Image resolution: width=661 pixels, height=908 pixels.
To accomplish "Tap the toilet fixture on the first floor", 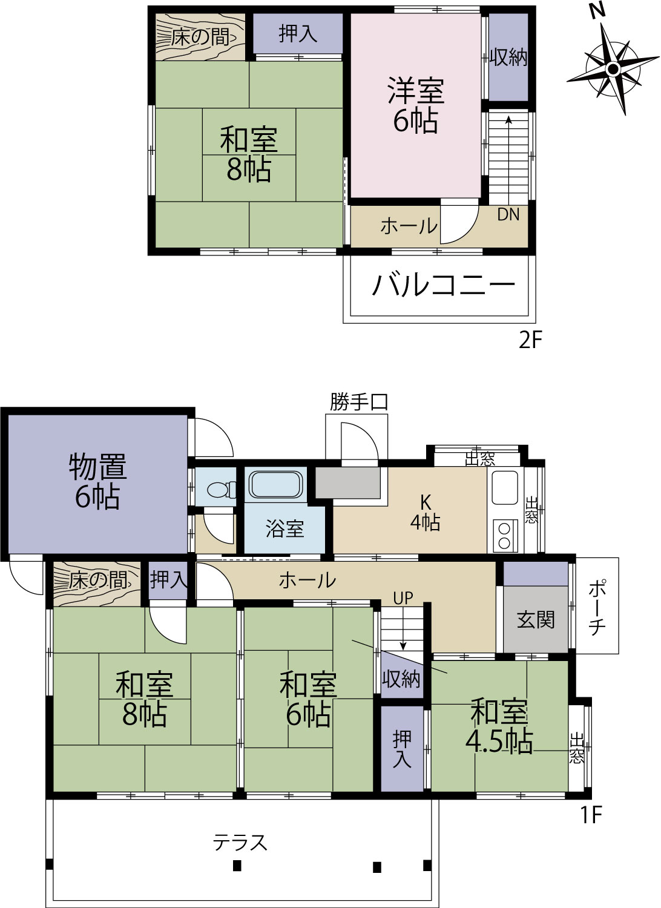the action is point(222,489).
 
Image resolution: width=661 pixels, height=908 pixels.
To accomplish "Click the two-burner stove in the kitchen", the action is point(505,536).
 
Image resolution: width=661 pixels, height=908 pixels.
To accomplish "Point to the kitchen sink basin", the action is point(505,488).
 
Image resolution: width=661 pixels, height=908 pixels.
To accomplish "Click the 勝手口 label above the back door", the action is point(359,402).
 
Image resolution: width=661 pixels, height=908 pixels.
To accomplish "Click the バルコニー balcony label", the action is point(443,285).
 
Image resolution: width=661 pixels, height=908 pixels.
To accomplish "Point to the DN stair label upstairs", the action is point(508,215).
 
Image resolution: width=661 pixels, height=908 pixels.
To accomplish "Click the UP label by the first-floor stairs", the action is point(403,598).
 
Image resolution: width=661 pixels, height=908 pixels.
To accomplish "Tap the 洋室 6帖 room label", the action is point(416,105).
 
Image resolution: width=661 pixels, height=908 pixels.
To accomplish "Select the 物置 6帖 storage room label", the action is point(97,482).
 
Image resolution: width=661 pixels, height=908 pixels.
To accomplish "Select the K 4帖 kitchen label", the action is point(425,513).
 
